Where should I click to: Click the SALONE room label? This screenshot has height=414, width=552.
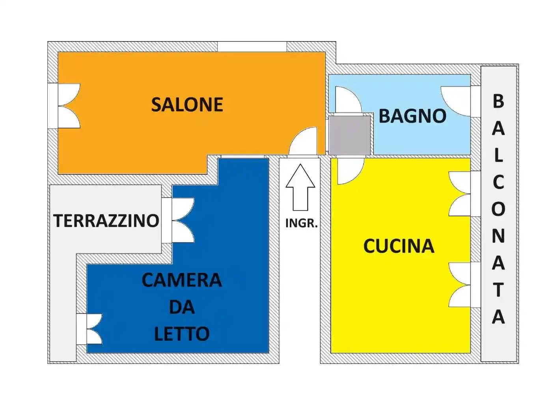point(187,104)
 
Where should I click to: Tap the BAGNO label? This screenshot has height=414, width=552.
point(412,116)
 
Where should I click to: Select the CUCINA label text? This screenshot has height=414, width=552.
point(399,246)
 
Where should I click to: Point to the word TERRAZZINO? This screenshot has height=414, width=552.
point(106,221)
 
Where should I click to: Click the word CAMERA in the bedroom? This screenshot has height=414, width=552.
point(182,280)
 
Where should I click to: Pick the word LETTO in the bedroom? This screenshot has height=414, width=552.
point(182,334)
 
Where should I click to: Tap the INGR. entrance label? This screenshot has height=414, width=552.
point(302,223)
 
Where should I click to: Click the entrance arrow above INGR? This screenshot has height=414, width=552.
point(300,187)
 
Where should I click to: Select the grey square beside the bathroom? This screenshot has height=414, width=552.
point(350,135)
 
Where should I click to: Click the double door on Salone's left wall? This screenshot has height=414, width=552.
point(69,106)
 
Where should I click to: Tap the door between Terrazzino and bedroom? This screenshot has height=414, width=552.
point(183,220)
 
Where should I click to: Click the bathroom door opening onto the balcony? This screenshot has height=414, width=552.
point(455,101)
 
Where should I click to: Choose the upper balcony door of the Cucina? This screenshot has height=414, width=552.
point(459,194)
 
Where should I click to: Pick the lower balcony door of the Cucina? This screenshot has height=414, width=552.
point(459,285)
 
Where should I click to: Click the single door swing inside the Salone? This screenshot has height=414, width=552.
point(303,141)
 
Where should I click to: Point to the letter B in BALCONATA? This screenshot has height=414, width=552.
point(498,101)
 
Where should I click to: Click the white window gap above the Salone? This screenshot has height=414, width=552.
point(252,47)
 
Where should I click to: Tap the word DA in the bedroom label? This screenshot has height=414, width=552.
point(182,307)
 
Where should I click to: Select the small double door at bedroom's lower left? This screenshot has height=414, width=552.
point(94,329)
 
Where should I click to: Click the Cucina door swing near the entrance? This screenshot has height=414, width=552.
point(351,171)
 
